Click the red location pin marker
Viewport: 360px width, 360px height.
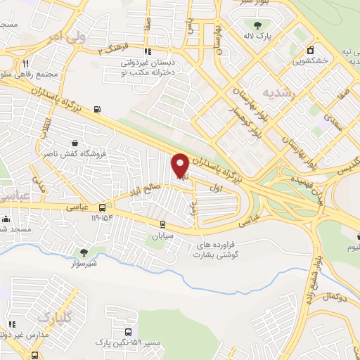pyautogui.click(x=180, y=165)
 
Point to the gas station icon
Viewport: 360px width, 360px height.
pyautogui.click(x=96, y=109)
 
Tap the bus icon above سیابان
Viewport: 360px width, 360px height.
pyautogui.click(x=163, y=225)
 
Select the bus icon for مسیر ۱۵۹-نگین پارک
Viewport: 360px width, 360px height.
pyautogui.click(x=128, y=332)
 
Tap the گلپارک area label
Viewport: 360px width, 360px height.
pyautogui.click(x=53, y=317)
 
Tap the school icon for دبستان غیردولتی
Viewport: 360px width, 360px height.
pyautogui.click(x=146, y=52)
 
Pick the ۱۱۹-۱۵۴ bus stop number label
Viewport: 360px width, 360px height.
pyautogui.click(x=102, y=219)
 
